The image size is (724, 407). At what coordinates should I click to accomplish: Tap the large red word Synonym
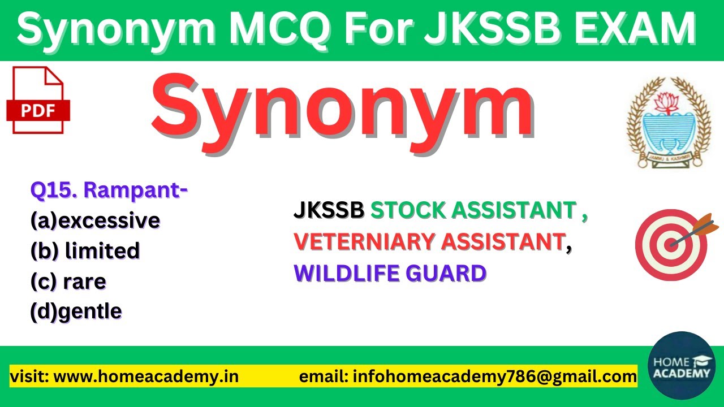click(x=343, y=109)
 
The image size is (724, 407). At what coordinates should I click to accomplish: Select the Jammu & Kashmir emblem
click(x=660, y=122)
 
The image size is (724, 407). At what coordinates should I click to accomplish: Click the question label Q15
click(x=54, y=191)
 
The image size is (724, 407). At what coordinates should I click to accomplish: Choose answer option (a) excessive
click(x=95, y=220)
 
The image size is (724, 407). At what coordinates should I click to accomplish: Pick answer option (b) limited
click(x=85, y=250)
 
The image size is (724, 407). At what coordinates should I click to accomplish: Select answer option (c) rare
click(x=68, y=281)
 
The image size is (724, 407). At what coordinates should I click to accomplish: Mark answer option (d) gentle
click(x=76, y=311)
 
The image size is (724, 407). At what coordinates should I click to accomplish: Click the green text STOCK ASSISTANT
click(x=473, y=211)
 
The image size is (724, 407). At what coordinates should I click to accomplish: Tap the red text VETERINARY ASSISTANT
click(x=429, y=242)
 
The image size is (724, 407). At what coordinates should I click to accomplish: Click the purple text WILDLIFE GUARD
click(x=390, y=274)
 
